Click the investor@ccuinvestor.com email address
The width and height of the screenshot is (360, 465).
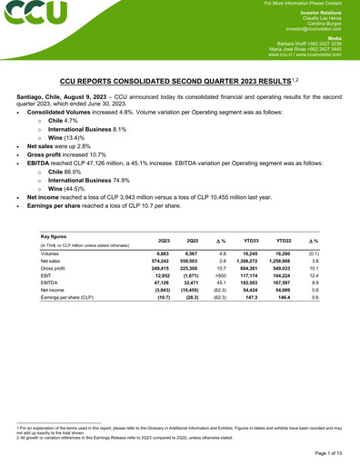pyautogui.click(x=308, y=29)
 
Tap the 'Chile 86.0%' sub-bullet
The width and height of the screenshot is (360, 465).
pyautogui.click(x=68, y=169)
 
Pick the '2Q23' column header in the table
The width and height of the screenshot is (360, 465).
pyautogui.click(x=164, y=239)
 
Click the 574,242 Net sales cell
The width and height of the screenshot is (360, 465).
pyautogui.click(x=158, y=261)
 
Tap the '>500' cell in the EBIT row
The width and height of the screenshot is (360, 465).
pyautogui.click(x=221, y=277)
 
